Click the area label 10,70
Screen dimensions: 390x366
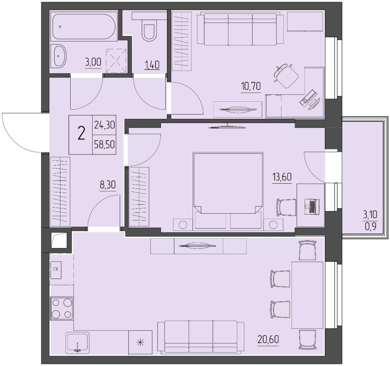tap(251, 86)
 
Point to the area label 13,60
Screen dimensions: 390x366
tap(282, 177)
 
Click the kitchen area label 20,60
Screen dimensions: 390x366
tap(268, 339)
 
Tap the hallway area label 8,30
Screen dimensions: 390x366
tap(108, 185)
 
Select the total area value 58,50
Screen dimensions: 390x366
tap(104, 144)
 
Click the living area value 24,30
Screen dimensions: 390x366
tap(104, 125)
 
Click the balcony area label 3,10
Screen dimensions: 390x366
tap(370, 214)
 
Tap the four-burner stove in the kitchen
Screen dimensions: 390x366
tap(62, 309)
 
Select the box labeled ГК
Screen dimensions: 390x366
tap(56, 270)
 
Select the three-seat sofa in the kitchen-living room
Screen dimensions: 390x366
tap(201, 337)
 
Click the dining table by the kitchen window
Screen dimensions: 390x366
tap(307, 295)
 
